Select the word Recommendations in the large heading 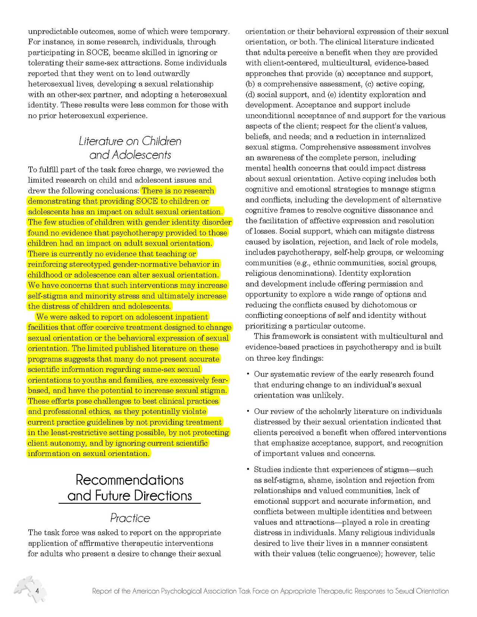click(x=130, y=480)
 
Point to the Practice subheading click(x=130, y=518)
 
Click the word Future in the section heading click(x=113, y=496)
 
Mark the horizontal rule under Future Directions click(x=130, y=504)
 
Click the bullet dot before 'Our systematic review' click(x=248, y=374)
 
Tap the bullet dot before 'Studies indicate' click(x=248, y=469)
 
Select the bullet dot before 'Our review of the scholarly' click(x=248, y=411)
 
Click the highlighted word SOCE click(x=147, y=201)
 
